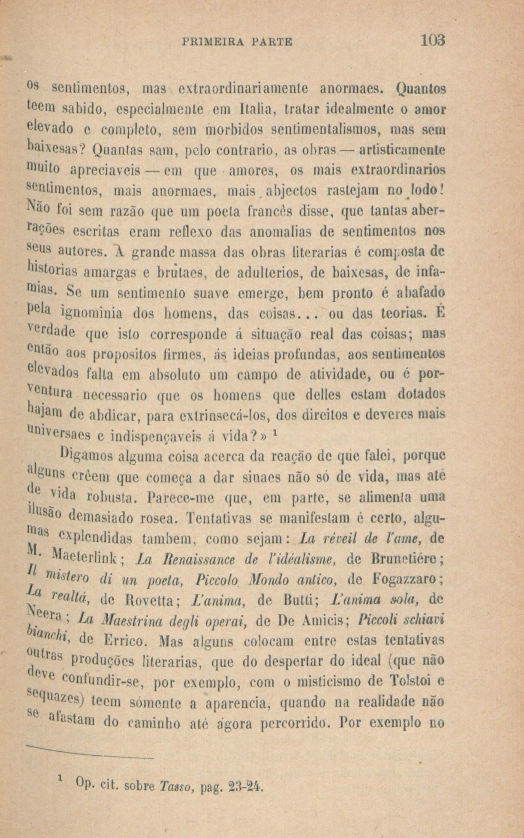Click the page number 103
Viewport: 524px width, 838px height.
tap(433, 40)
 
